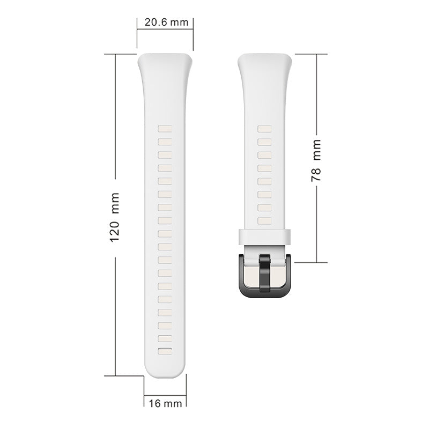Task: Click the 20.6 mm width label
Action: tap(166, 22)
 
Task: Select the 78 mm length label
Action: tap(316, 160)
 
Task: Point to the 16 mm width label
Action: tap(165, 403)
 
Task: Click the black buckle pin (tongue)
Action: tap(264, 273)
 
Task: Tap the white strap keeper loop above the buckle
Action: tap(264, 236)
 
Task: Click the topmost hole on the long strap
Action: tap(165, 129)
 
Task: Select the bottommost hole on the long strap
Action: tap(165, 351)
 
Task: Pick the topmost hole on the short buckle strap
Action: tap(264, 129)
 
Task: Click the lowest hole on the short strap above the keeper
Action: tap(264, 221)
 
